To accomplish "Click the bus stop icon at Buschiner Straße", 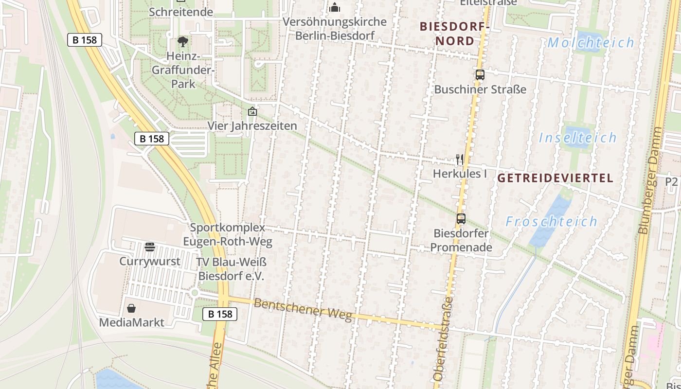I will (x=480, y=75).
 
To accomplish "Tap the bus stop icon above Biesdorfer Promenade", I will (x=461, y=219).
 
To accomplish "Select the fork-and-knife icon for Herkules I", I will (x=460, y=159).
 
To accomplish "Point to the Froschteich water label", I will (x=551, y=222).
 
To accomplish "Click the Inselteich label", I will (x=577, y=138).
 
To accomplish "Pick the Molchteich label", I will (x=591, y=43).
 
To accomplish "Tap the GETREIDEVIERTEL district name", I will (x=555, y=178).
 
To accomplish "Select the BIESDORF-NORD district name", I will (x=454, y=34).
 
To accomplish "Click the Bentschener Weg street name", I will (x=303, y=310).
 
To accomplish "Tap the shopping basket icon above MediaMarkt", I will (x=131, y=308).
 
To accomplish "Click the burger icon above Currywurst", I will (x=150, y=247).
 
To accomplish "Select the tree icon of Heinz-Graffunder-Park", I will (x=183, y=42).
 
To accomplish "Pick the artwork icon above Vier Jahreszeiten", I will (x=252, y=112).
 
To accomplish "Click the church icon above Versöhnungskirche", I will (x=335, y=7).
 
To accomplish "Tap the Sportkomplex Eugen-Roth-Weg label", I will (x=228, y=234).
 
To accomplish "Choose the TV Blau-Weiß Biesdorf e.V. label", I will (x=232, y=269).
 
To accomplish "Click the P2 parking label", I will (x=671, y=181).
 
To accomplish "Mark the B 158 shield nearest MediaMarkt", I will (x=220, y=314).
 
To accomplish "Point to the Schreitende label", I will (x=181, y=12).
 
